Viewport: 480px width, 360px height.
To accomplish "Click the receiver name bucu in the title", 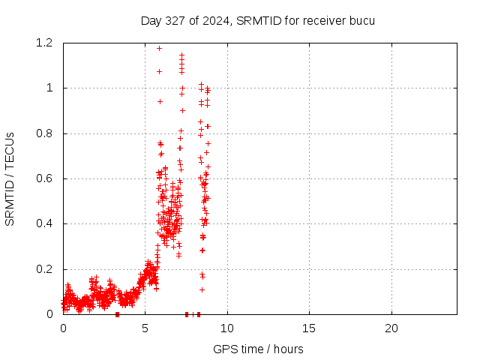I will point(361,20).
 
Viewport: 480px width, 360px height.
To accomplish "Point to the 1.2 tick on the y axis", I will point(45,43).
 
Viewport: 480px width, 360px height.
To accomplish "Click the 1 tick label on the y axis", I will point(49,88).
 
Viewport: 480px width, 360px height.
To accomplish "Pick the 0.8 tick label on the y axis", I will point(45,133).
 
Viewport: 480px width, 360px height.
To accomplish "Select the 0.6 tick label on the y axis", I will point(45,178).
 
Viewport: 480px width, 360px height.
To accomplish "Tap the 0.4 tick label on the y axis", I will point(45,223).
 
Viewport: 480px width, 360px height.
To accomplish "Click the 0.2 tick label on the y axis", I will point(45,269).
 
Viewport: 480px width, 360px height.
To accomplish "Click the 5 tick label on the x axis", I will point(145,328).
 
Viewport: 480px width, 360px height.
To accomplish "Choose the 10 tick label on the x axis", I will point(227,328).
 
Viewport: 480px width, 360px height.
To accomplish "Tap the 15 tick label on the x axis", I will point(309,328).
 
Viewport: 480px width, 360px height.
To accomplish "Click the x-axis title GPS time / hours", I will point(258,349).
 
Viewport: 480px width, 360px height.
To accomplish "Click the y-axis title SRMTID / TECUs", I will point(10,178).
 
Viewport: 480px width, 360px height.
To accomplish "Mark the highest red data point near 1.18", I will point(159,48).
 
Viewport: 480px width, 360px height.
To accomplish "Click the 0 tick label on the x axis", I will point(63,328).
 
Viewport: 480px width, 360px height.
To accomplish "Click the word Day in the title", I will point(151,20).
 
